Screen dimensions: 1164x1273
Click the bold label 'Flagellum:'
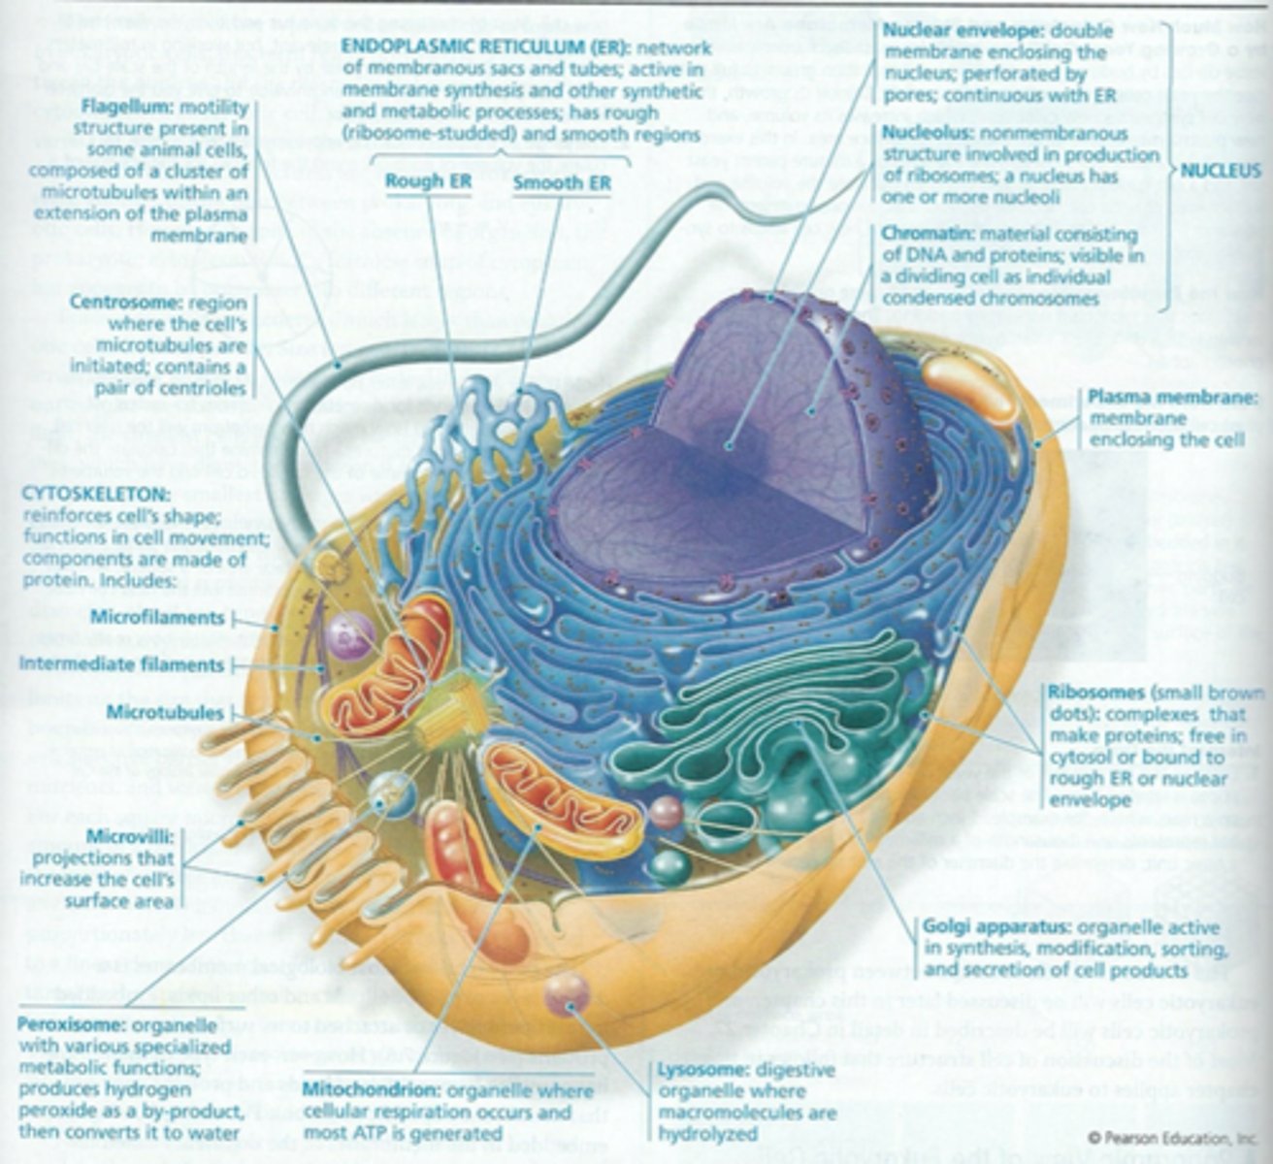click(124, 106)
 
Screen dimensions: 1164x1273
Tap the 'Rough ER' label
click(428, 181)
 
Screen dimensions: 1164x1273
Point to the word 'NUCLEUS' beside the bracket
click(1221, 171)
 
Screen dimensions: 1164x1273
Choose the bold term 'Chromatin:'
click(929, 235)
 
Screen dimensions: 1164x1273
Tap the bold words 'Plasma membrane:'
click(1172, 398)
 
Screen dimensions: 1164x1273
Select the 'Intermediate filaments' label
click(121, 665)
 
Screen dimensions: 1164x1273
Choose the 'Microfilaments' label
click(157, 618)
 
